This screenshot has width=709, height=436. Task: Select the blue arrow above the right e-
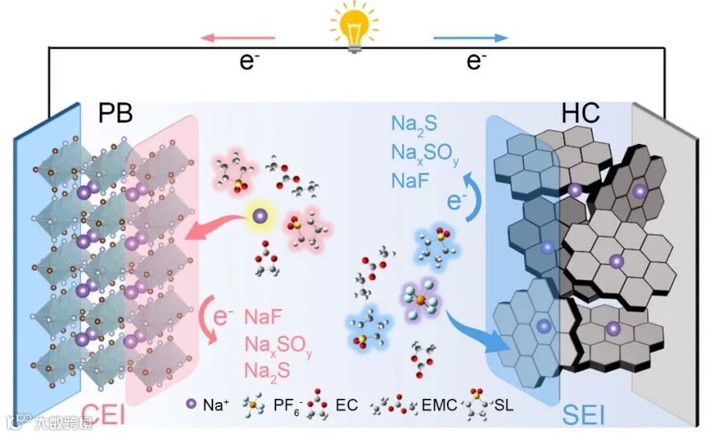point(471,37)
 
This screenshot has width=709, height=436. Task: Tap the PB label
point(116,114)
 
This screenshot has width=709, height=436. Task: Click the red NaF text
point(263,318)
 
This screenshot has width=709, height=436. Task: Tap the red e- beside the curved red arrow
point(224,317)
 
